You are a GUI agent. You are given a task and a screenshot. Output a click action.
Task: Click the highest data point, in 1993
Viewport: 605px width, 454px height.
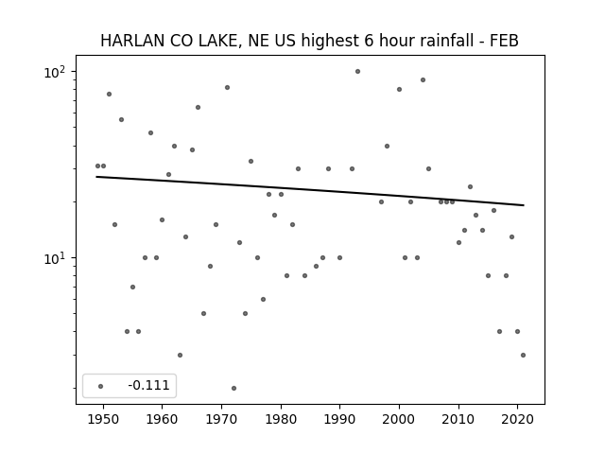click(x=357, y=72)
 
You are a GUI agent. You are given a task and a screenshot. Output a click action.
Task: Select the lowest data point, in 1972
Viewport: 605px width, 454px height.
click(x=233, y=389)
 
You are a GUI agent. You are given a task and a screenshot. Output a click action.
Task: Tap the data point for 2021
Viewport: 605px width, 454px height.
click(x=523, y=356)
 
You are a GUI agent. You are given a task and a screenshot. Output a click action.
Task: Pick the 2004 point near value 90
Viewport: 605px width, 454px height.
click(x=423, y=79)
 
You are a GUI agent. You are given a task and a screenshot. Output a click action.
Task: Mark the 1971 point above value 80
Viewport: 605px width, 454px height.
click(x=227, y=88)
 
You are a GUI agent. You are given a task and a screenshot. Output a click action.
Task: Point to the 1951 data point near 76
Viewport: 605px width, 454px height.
click(x=110, y=95)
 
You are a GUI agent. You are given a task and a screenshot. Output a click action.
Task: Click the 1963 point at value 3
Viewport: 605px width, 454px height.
click(x=180, y=356)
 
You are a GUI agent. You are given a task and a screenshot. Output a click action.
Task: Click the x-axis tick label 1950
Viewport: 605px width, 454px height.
click(x=103, y=419)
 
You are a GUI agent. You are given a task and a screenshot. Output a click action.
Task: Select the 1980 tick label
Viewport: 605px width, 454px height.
click(x=281, y=419)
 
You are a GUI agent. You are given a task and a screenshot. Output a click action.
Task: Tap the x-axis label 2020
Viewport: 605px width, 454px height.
click(x=517, y=419)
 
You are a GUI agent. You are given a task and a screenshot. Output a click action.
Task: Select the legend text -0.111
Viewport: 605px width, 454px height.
click(x=148, y=385)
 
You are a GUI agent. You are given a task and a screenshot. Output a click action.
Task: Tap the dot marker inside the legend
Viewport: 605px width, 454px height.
click(x=101, y=386)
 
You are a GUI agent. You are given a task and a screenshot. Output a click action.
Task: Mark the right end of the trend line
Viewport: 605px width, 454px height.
click(x=524, y=205)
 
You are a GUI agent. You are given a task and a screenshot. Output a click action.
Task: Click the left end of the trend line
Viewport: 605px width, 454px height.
click(x=96, y=177)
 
